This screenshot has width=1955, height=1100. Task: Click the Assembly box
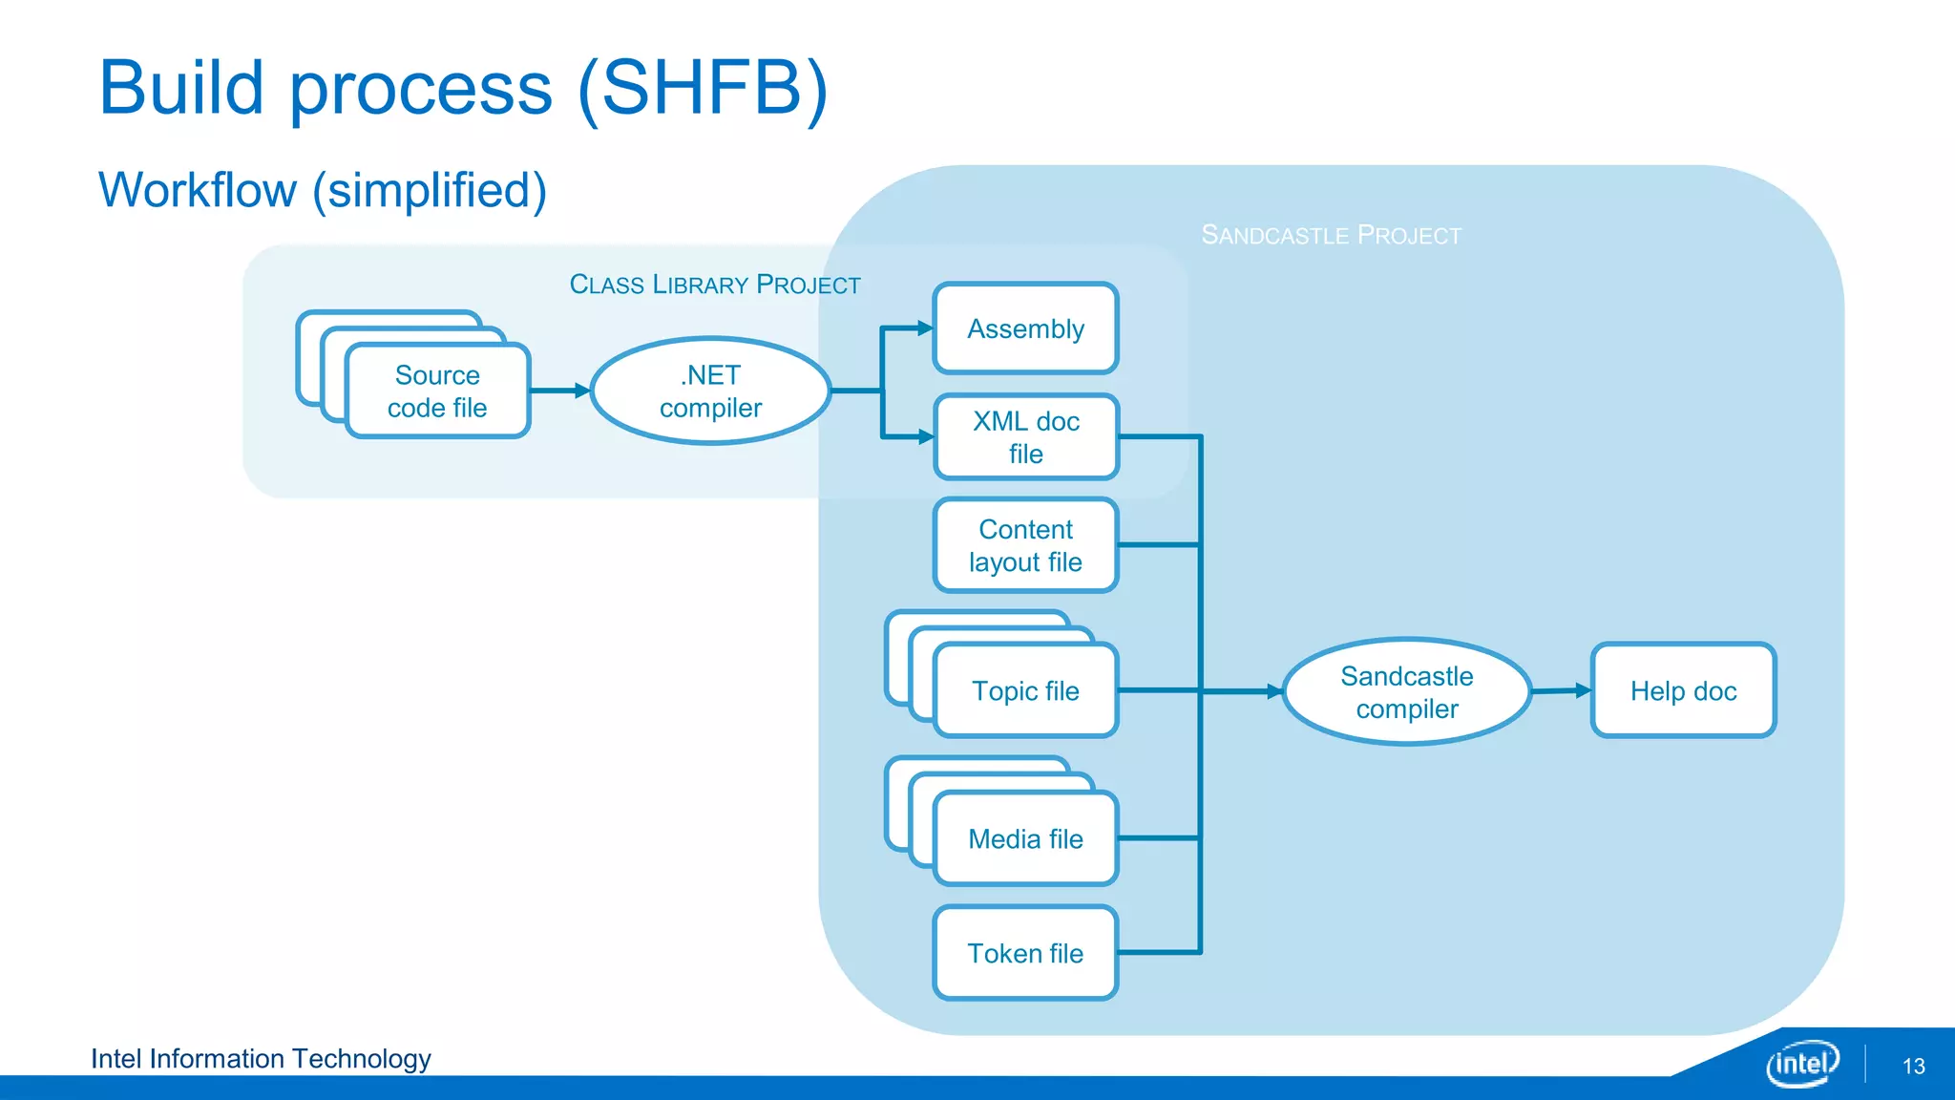coord(1025,328)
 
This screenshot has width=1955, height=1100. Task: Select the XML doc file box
coord(1025,437)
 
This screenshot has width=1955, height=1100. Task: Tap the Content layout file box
coord(1025,545)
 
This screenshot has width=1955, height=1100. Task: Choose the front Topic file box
coord(1025,690)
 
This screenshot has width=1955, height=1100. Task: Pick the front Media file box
coord(1025,838)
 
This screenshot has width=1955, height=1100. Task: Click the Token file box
coord(1025,953)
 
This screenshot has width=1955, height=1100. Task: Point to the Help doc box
coord(1683,690)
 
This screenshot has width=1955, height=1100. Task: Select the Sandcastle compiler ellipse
coord(1406,691)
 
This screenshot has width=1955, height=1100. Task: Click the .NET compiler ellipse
coord(710,391)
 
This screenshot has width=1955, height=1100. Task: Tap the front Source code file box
coord(437,391)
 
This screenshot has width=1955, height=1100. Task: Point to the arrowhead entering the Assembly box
coord(923,328)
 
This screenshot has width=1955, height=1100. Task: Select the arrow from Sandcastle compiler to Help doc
coord(1562,690)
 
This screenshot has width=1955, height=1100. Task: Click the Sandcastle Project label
coord(1331,235)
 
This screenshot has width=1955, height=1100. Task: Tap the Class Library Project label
coord(715,285)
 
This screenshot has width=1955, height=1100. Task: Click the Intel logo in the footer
coord(1802,1063)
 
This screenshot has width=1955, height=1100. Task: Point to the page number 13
coord(1913,1067)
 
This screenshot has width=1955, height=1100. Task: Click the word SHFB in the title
coord(703,88)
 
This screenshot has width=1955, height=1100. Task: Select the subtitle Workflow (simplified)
coord(323,190)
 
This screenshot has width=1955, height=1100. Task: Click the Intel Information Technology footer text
coord(261,1059)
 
